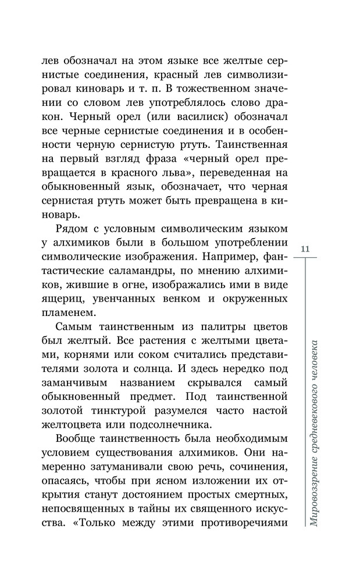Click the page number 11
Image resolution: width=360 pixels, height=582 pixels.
pyautogui.click(x=306, y=249)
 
